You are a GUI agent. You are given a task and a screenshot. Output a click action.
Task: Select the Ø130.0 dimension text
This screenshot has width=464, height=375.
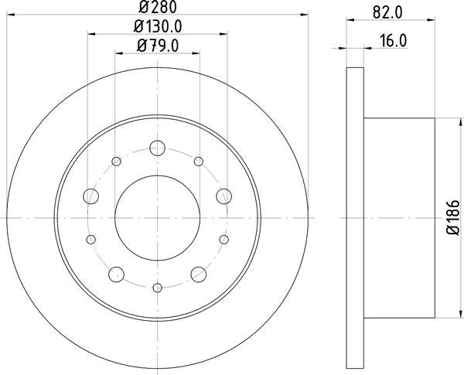[158, 29]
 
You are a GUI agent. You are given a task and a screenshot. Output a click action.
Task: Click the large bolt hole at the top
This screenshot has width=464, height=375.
[158, 148]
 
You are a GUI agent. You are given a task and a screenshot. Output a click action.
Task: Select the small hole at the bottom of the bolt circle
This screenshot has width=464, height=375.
[158, 288]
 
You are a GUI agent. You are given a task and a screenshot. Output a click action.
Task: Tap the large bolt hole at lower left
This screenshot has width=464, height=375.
[117, 273]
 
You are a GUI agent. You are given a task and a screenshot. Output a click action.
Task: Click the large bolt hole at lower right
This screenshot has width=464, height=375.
[199, 273]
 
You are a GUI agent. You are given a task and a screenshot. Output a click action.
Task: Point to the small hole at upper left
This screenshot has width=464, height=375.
[117, 162]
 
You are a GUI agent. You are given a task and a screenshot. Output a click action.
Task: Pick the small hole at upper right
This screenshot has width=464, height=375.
[199, 162]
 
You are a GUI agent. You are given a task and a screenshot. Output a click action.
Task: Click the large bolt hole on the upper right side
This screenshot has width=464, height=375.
[224, 195]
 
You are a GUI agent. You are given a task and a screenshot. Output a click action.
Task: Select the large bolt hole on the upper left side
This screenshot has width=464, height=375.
[91, 195]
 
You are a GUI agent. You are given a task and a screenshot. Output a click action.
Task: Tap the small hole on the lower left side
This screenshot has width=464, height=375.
[91, 240]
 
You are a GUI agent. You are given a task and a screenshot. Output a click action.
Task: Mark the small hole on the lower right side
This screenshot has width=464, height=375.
[224, 240]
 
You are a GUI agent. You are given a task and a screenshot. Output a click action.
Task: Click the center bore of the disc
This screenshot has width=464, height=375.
[158, 217]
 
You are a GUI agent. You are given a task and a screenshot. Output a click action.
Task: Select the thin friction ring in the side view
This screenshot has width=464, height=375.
[354, 217]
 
